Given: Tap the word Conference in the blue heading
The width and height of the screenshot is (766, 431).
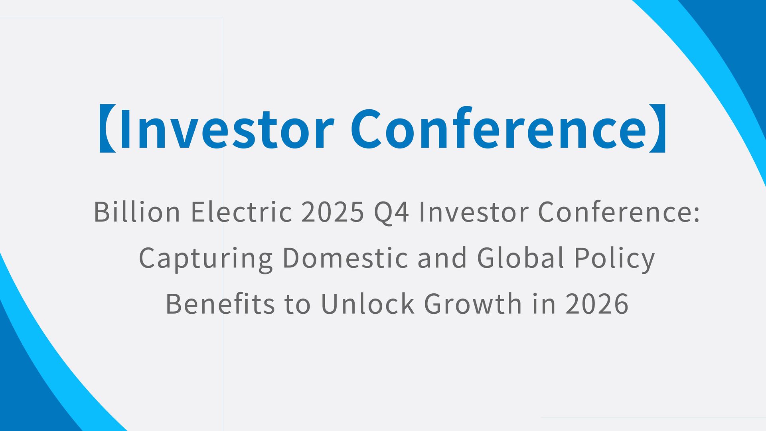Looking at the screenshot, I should click(x=498, y=129).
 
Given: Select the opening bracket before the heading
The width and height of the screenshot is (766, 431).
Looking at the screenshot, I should click(x=107, y=129).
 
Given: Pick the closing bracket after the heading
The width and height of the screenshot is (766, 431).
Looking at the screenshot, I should click(x=657, y=129).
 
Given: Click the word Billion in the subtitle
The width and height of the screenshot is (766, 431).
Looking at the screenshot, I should click(x=137, y=212).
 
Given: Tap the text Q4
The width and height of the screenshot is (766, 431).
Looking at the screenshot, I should click(x=391, y=212).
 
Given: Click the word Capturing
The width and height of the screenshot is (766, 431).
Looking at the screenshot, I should click(x=205, y=258).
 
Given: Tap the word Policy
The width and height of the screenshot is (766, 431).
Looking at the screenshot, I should click(x=614, y=258).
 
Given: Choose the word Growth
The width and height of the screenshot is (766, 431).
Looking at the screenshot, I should click(x=473, y=304).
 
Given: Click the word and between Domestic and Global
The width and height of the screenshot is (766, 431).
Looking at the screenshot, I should click(x=442, y=258).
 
